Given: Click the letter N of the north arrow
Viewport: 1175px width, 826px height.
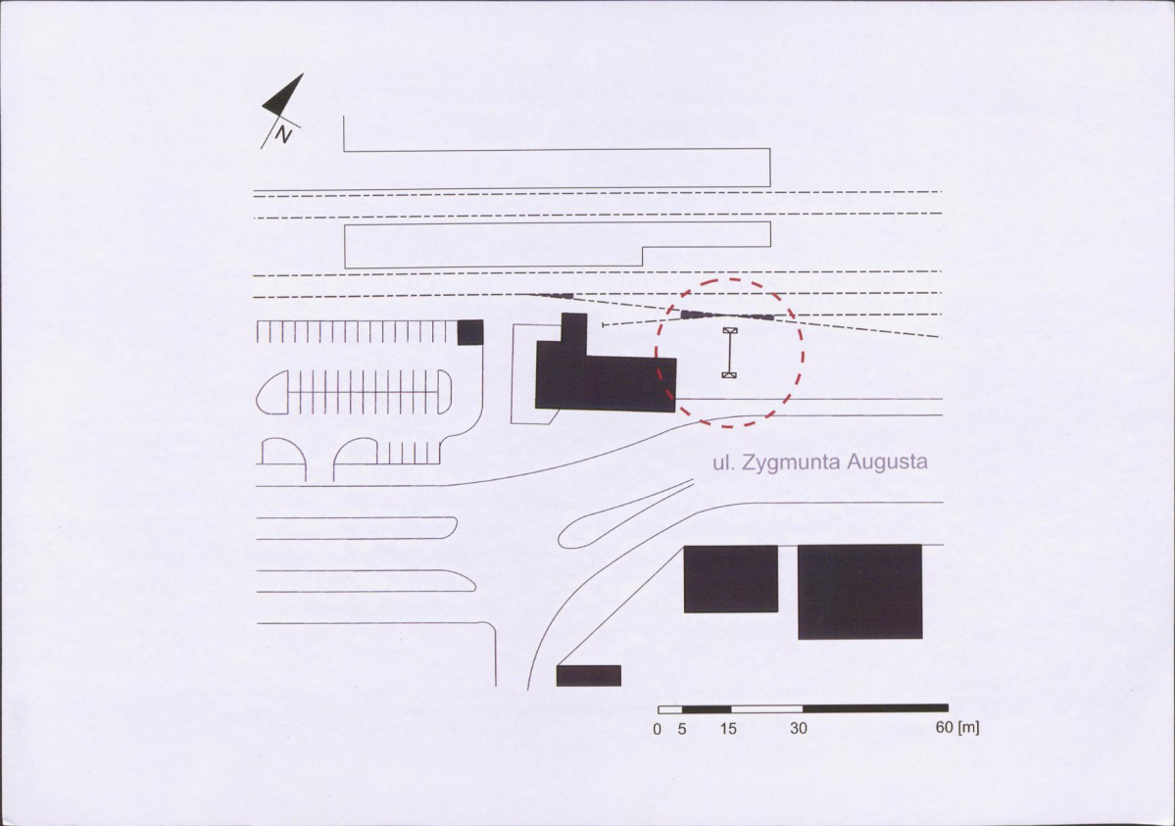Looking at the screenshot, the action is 283,134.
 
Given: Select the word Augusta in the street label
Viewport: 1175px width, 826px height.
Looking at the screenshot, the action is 887,462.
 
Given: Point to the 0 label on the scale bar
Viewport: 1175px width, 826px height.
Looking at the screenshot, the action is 658,729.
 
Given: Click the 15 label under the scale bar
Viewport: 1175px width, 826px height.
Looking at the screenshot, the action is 728,729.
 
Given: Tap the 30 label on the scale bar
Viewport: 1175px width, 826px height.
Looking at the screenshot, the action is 799,728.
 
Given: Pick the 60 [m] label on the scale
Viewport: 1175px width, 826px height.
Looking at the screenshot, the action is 957,727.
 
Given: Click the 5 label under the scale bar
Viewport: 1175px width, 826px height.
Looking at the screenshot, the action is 682,729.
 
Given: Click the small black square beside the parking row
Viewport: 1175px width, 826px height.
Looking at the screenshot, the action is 470,332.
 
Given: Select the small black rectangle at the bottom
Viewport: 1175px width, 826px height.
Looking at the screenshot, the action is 589,675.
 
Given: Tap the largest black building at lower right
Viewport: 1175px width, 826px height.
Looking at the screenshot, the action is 860,592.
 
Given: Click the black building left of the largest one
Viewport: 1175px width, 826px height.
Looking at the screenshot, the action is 731,579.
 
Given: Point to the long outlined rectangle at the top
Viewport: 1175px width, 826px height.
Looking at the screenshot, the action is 557,151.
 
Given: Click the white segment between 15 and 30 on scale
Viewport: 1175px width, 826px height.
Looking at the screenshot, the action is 766,708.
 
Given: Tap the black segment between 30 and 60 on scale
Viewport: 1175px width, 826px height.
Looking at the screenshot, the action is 875,708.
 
